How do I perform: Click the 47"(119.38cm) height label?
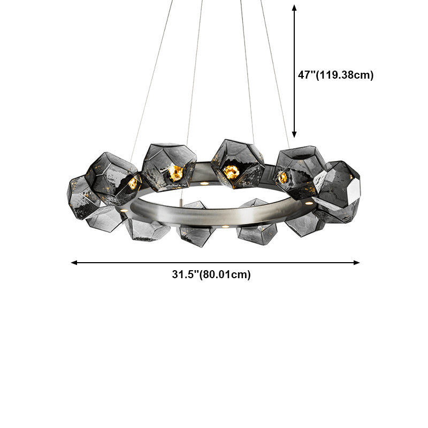pyautogui.click(x=335, y=75)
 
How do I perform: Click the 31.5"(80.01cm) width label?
pyautogui.click(x=211, y=275)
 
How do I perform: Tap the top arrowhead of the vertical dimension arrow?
pyautogui.click(x=294, y=8)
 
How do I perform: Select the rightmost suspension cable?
pyautogui.click(x=276, y=80)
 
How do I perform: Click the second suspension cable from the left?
pyautogui.click(x=195, y=70)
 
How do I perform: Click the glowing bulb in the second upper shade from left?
pyautogui.click(x=175, y=172)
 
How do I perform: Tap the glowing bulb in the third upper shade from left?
pyautogui.click(x=231, y=171)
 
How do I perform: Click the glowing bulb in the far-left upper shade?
pyautogui.click(x=132, y=183)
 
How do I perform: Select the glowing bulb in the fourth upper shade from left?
pyautogui.click(x=283, y=177)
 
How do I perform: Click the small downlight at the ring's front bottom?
pyautogui.click(x=225, y=227)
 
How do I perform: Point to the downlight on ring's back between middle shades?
pyautogui.click(x=204, y=183)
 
